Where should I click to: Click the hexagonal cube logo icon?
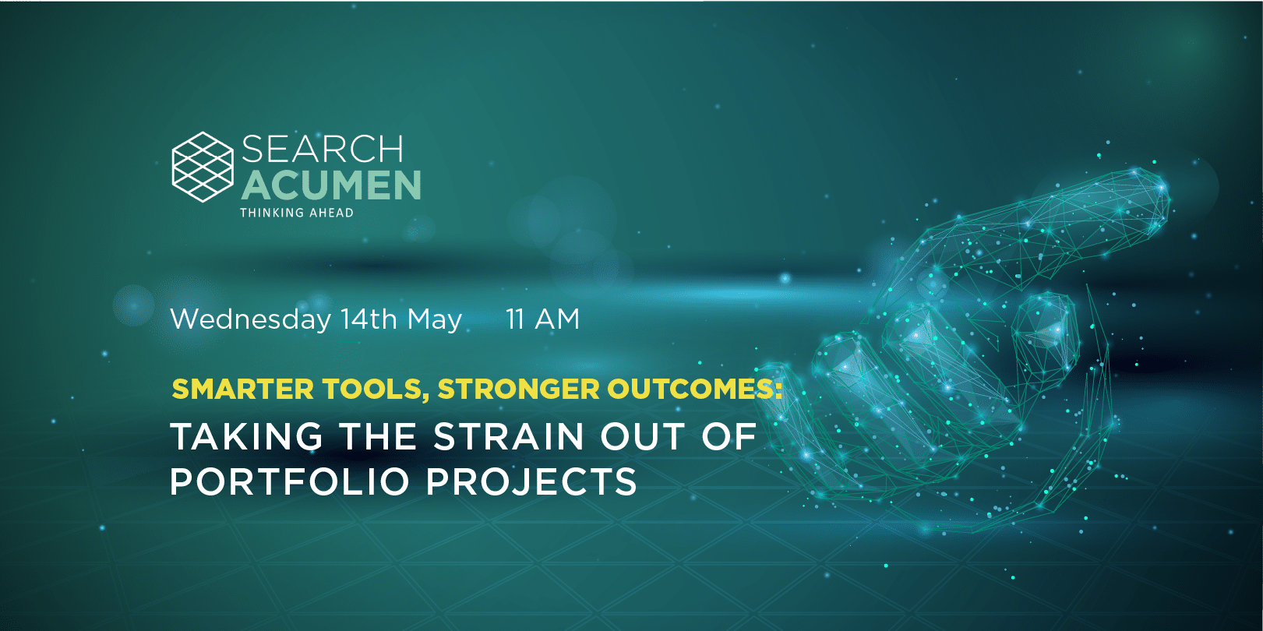[x=203, y=167]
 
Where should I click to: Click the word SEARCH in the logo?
[x=323, y=149]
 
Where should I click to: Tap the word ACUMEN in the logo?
[x=331, y=185]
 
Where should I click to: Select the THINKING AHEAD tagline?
[x=297, y=213]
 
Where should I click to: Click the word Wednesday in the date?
[x=251, y=319]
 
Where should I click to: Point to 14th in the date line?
[x=369, y=319]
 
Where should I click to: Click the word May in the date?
[x=435, y=320]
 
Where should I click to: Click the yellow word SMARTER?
[x=242, y=389]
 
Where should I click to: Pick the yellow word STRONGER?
[x=518, y=389]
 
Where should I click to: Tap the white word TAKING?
[x=246, y=436]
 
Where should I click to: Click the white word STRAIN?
[x=509, y=436]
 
